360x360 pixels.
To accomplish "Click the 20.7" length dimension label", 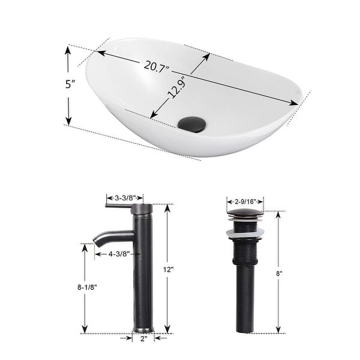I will coord(158,66).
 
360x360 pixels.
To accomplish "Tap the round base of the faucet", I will coord(143,328).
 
